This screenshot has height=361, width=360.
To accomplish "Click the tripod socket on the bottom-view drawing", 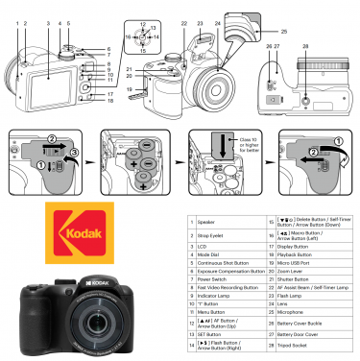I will pos(305,99).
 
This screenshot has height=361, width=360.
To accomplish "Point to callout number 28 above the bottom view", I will pos(304,45).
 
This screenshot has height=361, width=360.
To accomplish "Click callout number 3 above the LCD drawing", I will pos(47,22).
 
